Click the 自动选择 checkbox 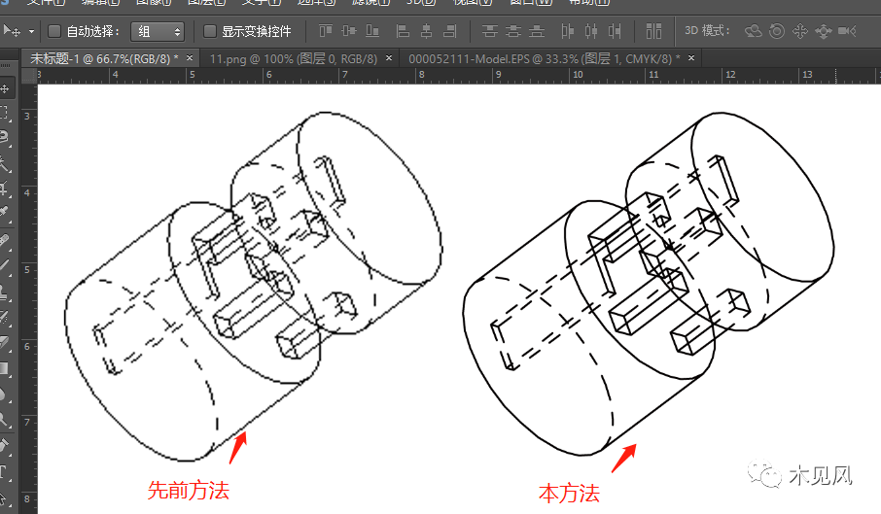(54, 31)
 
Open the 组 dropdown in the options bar (157, 31)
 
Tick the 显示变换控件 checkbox (210, 31)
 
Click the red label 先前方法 (188, 491)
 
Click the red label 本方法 (569, 494)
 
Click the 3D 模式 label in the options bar (707, 31)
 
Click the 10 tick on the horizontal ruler (577, 74)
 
